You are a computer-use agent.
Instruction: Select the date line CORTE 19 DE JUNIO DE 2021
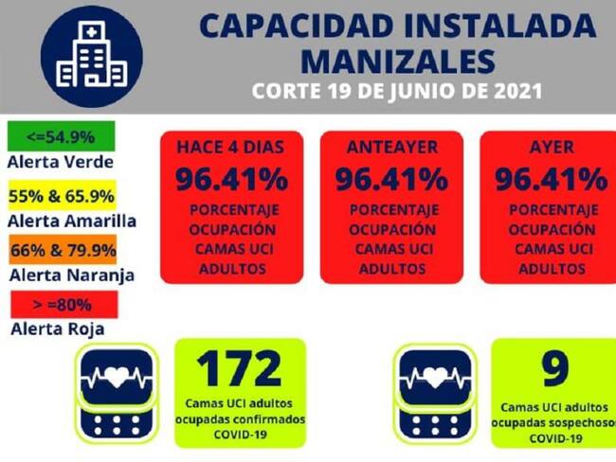[x=397, y=93]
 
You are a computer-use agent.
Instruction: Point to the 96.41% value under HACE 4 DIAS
[x=229, y=178]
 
